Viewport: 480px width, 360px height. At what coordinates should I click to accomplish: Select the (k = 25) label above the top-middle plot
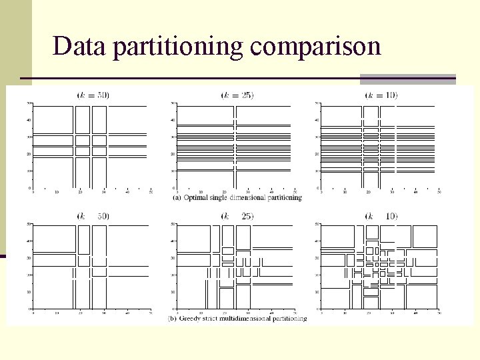(x=237, y=95)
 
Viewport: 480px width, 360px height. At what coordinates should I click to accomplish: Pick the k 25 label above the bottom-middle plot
(x=237, y=216)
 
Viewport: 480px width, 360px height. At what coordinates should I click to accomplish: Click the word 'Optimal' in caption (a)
(x=196, y=197)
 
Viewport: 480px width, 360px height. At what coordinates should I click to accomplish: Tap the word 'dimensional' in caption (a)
(x=251, y=197)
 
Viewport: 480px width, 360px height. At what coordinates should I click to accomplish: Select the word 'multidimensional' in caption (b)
(x=248, y=319)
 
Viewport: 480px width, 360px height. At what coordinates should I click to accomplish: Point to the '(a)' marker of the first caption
(x=177, y=197)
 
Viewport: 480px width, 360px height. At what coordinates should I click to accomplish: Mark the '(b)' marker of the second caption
(x=173, y=319)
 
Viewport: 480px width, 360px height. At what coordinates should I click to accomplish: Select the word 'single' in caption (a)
(x=221, y=197)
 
